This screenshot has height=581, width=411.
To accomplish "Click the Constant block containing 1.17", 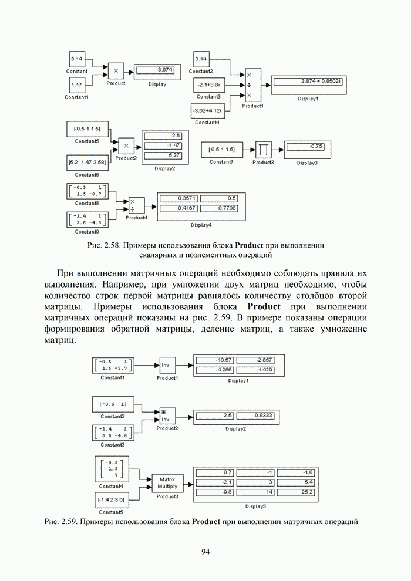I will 77,85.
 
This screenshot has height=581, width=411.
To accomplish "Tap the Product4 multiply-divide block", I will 136,205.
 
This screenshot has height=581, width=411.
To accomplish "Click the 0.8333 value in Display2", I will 254,416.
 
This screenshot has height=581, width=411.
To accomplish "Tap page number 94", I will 206,551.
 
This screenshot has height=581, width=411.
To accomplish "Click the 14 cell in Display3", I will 255,492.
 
